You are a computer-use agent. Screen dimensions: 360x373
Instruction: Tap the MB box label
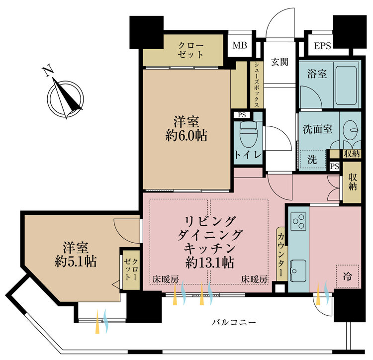(240, 46)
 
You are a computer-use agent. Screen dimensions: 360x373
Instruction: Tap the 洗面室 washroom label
(317, 127)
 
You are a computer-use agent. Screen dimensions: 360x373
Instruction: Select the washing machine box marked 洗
(311, 160)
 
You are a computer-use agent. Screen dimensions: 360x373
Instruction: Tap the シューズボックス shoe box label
(255, 85)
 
